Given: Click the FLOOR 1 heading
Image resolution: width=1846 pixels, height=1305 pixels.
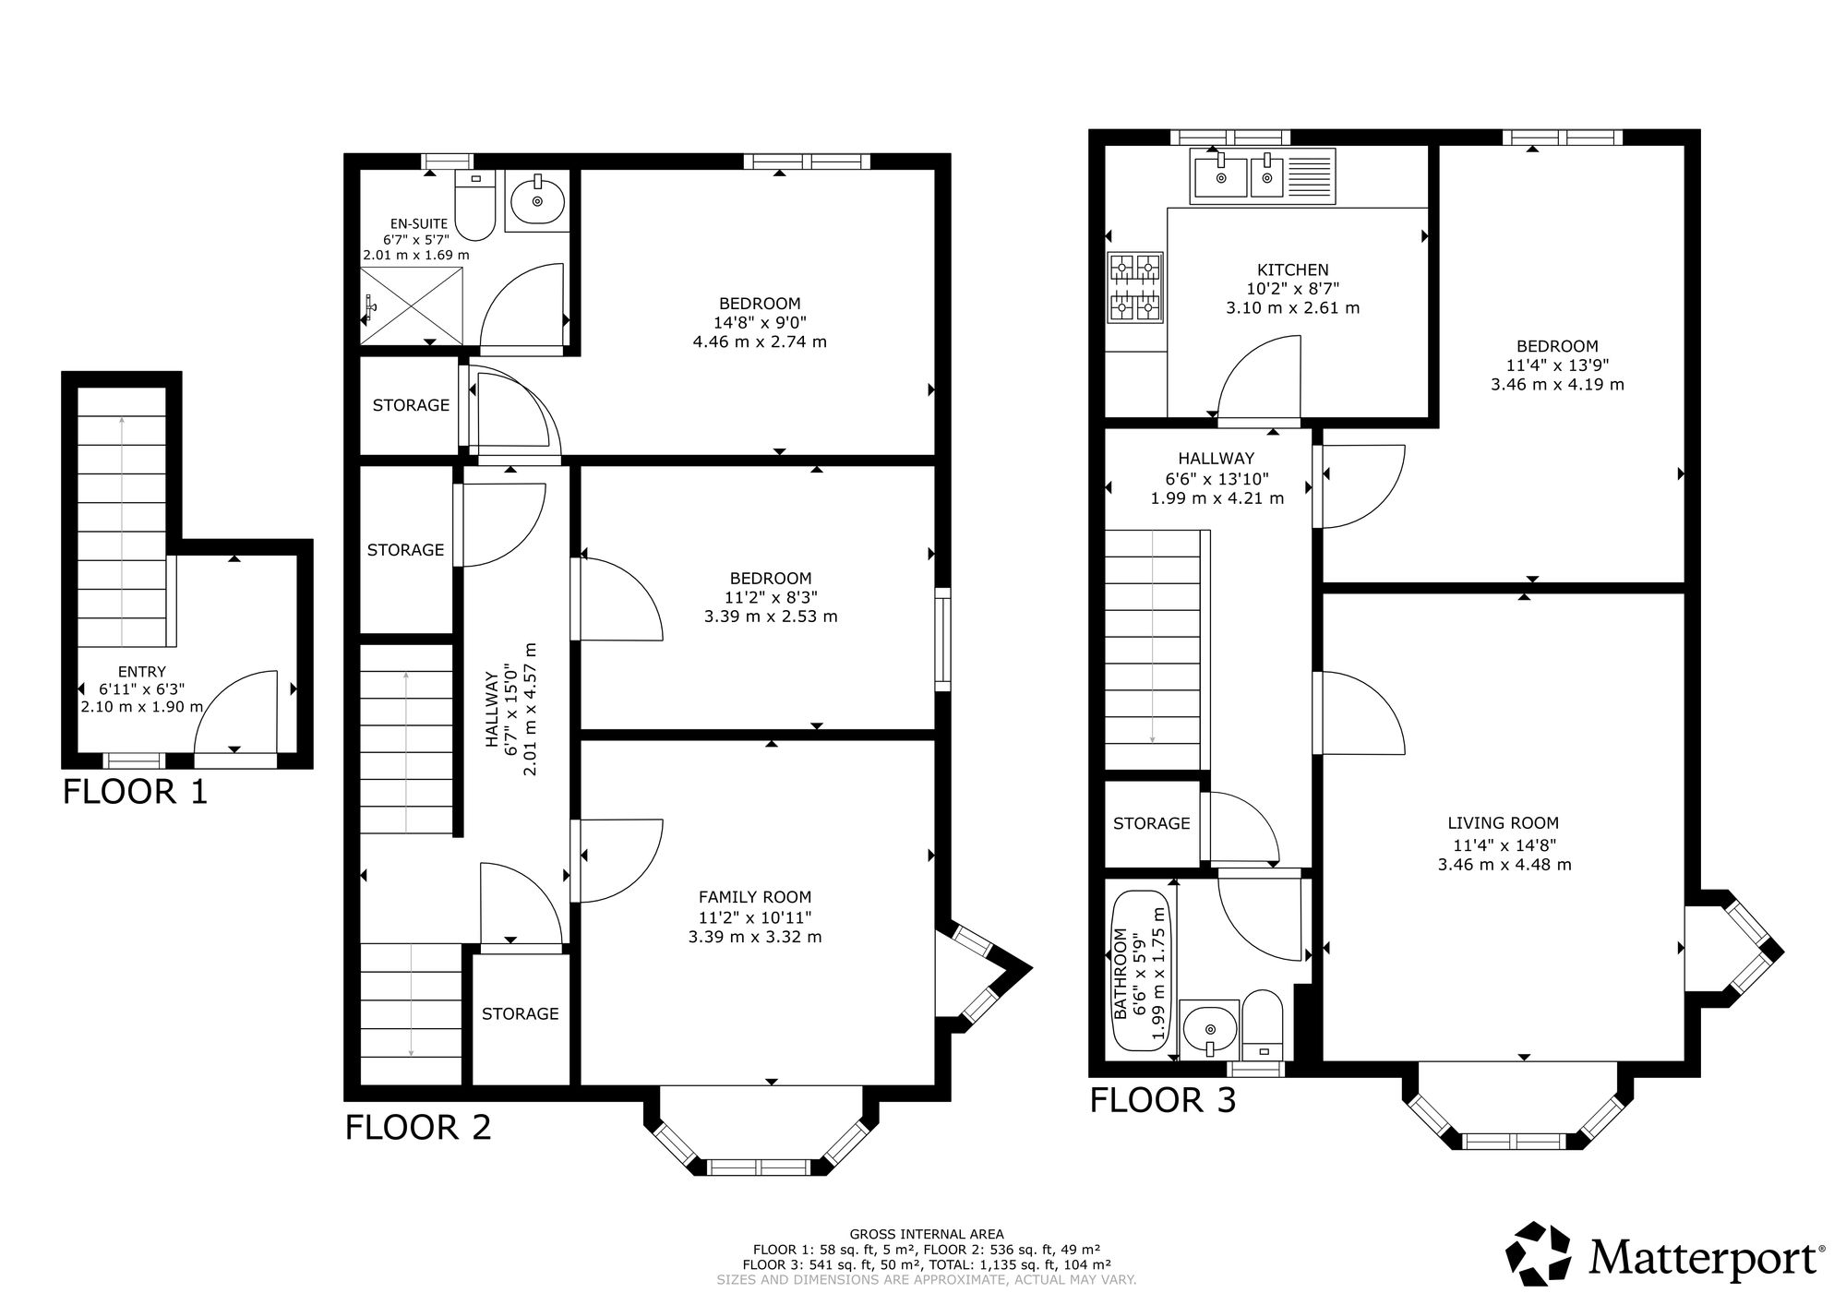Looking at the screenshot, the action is (135, 792).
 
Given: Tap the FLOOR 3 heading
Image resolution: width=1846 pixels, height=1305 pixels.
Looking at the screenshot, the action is (1162, 1100).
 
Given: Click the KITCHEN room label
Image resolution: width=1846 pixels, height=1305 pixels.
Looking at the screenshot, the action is (1293, 269).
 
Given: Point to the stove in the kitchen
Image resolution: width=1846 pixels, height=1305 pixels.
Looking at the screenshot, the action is (1135, 288).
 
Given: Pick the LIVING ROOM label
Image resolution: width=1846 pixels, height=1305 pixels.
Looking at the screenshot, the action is (1503, 823).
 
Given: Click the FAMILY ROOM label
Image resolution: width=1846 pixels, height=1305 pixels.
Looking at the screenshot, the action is (755, 896).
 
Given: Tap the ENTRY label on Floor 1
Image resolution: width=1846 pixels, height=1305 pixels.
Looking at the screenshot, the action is (142, 672).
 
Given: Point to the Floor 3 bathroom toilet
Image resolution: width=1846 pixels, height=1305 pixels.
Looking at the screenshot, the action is (1262, 1025).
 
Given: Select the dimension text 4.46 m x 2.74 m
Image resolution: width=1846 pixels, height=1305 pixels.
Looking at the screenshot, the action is (760, 341).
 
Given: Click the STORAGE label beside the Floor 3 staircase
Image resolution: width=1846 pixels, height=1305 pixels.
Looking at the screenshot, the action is (1151, 823).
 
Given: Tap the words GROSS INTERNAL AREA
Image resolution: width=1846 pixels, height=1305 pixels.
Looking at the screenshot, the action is (927, 1234).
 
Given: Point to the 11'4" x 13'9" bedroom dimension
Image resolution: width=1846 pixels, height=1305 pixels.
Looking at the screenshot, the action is (1557, 365).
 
